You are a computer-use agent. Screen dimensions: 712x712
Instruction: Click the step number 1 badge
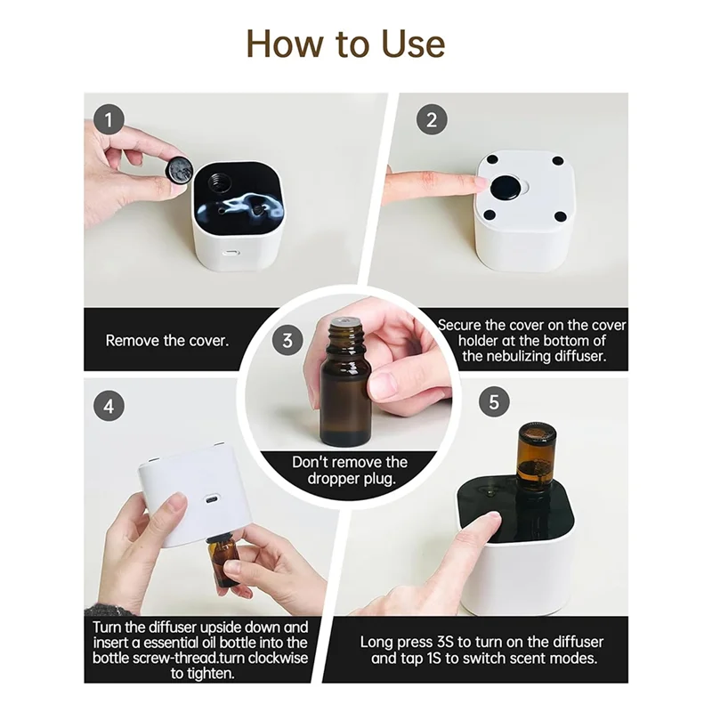[109, 119]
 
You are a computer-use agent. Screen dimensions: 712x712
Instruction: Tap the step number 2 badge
[432, 119]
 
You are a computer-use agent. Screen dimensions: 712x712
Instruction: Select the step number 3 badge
[287, 340]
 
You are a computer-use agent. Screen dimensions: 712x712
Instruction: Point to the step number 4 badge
[109, 406]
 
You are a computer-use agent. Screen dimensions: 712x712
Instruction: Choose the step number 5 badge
[494, 401]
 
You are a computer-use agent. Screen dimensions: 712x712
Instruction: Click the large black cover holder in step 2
[506, 188]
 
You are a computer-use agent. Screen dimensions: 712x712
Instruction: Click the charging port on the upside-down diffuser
[211, 499]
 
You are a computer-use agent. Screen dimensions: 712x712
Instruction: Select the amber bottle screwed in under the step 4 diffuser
[222, 561]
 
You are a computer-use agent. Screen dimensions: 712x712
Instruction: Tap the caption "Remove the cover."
[167, 341]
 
